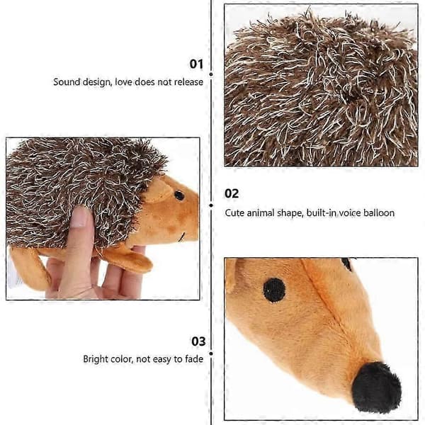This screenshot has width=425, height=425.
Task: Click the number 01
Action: click(196, 64)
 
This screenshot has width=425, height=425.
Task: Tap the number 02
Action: click(232, 193)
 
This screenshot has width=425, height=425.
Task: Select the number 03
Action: click(198, 341)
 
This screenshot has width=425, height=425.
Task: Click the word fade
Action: click(194, 359)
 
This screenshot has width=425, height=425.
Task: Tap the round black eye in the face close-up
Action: click(274, 290)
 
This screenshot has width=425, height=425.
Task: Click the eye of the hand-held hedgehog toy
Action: click(179, 195)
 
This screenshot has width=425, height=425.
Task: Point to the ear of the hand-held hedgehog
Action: click(159, 191)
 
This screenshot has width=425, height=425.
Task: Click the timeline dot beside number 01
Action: click(211, 74)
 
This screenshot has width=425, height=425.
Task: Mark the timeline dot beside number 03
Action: click(211, 353)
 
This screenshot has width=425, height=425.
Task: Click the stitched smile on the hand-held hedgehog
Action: click(181, 237)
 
